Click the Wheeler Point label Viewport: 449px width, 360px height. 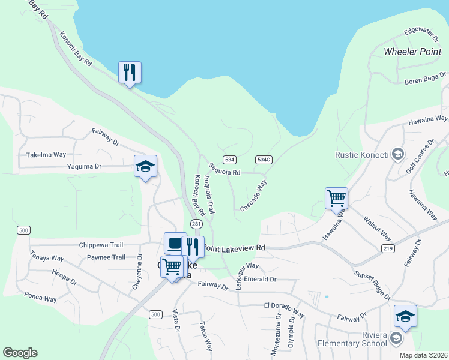coord(412,52)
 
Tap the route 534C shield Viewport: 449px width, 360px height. coord(264,160)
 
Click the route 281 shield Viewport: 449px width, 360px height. coord(196,223)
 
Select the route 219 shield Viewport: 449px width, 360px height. coord(387,248)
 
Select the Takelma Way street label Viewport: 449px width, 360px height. coord(46,154)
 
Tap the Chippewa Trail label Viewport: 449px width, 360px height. coord(101,245)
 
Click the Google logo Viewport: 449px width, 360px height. coord(20,353)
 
